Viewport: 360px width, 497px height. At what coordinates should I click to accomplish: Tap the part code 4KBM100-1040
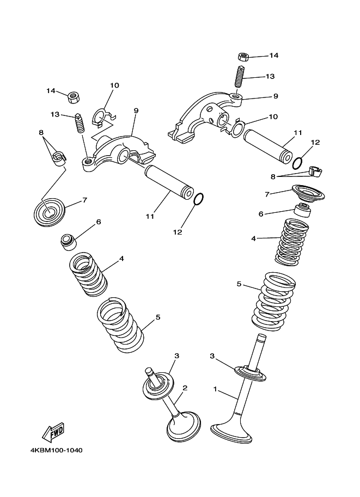(54, 450)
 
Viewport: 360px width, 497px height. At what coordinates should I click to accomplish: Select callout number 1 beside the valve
(215, 389)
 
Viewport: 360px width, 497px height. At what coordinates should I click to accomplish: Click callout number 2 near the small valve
(185, 388)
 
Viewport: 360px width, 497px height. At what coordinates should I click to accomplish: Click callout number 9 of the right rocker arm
(276, 96)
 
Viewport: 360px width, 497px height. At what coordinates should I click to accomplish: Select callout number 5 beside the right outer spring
(239, 284)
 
